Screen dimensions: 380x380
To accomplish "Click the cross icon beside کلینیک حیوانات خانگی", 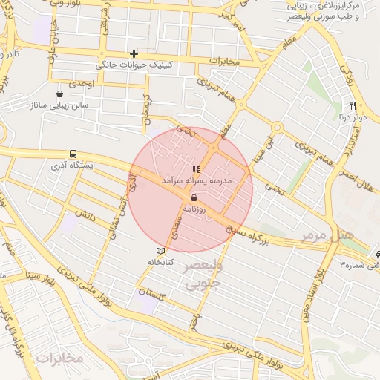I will [x=134, y=53].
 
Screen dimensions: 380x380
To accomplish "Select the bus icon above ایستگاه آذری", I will [x=72, y=154].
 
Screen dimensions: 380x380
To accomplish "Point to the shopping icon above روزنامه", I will [x=194, y=198].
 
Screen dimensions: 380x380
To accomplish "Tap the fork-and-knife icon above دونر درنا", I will [x=353, y=105].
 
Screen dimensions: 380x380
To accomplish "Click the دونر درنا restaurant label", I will [x=353, y=117].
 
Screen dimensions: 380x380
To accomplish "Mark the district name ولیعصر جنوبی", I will [x=202, y=275].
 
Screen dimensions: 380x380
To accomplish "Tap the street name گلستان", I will [x=152, y=292].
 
